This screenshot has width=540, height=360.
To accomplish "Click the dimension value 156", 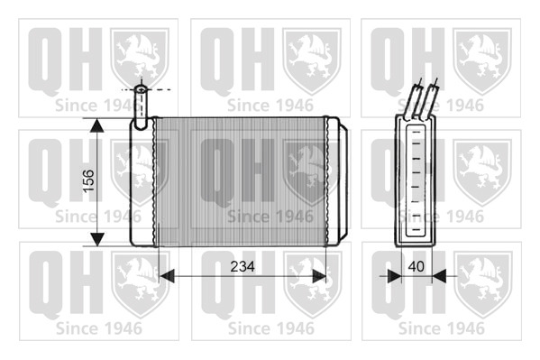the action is pos(88,181).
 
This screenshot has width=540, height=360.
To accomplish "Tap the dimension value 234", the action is pos(243,266).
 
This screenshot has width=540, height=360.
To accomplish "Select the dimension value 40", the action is pos(416,266).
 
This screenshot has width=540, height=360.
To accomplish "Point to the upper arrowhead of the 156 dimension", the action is pos(97,125).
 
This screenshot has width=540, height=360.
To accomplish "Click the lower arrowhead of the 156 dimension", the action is pos(97,239).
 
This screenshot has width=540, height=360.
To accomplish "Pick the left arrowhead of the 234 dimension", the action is pos(167,276).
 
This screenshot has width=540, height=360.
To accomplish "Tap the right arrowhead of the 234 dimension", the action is pos(318,276).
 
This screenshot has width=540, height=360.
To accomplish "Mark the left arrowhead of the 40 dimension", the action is pos(395,276).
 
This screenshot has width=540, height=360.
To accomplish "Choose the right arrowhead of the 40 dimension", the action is pos(439,276).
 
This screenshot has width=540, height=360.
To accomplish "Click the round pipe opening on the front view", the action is pos(141,89).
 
